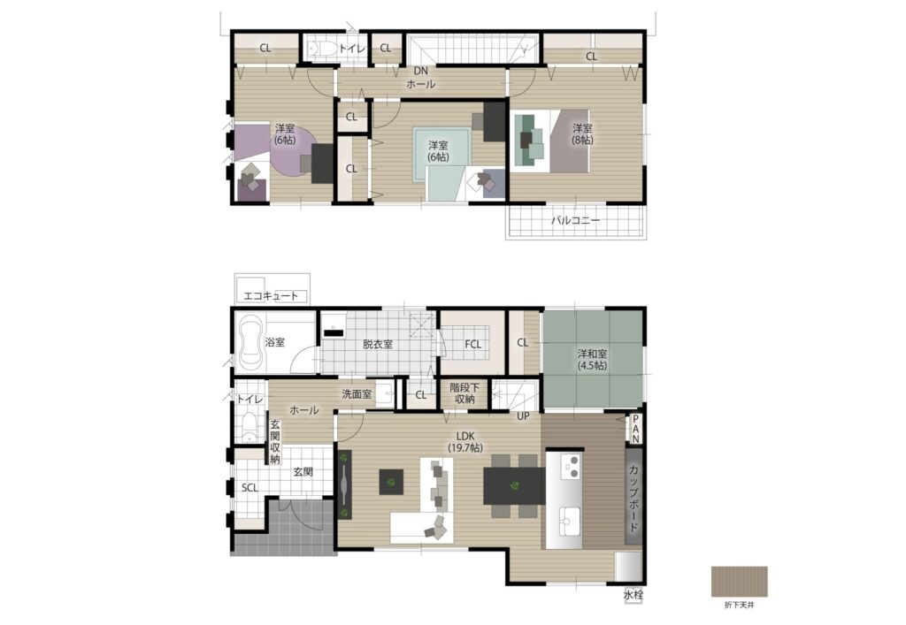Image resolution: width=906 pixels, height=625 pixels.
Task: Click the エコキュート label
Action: click(x=271, y=296)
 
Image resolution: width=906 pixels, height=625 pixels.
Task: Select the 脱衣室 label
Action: click(x=378, y=345)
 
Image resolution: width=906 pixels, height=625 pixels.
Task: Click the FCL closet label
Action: click(x=473, y=345)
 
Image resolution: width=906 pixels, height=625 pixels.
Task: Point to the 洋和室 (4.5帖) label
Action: click(x=592, y=359)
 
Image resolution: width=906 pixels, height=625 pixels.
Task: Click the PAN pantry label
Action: click(x=635, y=429)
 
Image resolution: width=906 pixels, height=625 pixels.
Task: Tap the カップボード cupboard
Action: click(x=633, y=498)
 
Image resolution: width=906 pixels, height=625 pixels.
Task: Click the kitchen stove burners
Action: click(x=572, y=466)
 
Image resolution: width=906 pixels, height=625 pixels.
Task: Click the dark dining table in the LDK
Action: click(x=514, y=486)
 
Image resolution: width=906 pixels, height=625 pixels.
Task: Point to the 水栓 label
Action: click(x=633, y=594)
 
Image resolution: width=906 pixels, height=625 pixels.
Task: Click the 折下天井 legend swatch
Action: click(x=740, y=582)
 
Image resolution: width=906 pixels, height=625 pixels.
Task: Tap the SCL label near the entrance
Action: click(x=250, y=488)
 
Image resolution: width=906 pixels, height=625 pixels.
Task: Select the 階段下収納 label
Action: click(x=465, y=393)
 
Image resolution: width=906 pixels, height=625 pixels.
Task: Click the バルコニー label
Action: click(x=575, y=220)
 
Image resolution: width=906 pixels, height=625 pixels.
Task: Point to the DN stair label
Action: click(x=420, y=71)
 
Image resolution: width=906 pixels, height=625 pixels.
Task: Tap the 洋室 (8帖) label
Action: click(x=582, y=133)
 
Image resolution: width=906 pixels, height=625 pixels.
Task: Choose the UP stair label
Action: click(x=523, y=415)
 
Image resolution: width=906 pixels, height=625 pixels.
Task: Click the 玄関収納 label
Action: click(x=274, y=441)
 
